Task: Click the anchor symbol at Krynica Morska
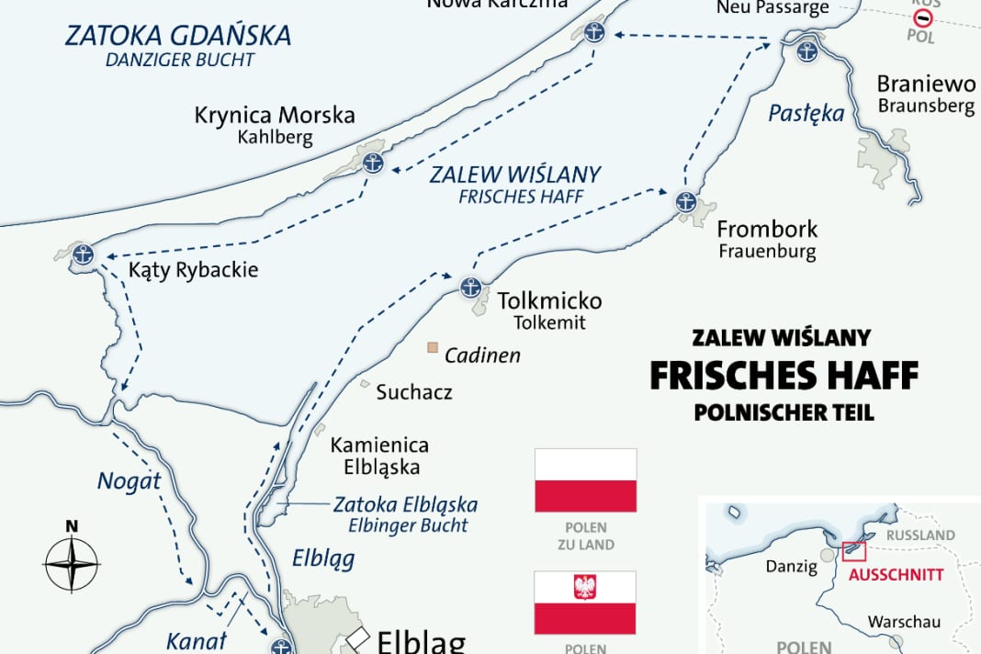click(372, 163)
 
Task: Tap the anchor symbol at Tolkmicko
click(470, 288)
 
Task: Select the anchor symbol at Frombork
click(685, 202)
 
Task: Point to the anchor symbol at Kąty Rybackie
click(84, 254)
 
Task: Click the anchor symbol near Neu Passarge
click(807, 51)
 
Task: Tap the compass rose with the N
click(72, 560)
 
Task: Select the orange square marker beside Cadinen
click(432, 348)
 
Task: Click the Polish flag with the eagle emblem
click(585, 602)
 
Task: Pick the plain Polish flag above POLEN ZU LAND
click(585, 479)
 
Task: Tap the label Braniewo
click(926, 85)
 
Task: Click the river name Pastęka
click(806, 114)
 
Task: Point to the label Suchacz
click(414, 392)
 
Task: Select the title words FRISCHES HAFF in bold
click(784, 375)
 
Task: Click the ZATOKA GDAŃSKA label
click(178, 36)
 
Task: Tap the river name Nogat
click(129, 479)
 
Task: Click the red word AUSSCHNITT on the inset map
click(896, 574)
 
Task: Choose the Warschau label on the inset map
click(905, 622)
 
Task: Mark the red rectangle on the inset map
click(853, 550)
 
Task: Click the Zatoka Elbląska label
click(405, 504)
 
